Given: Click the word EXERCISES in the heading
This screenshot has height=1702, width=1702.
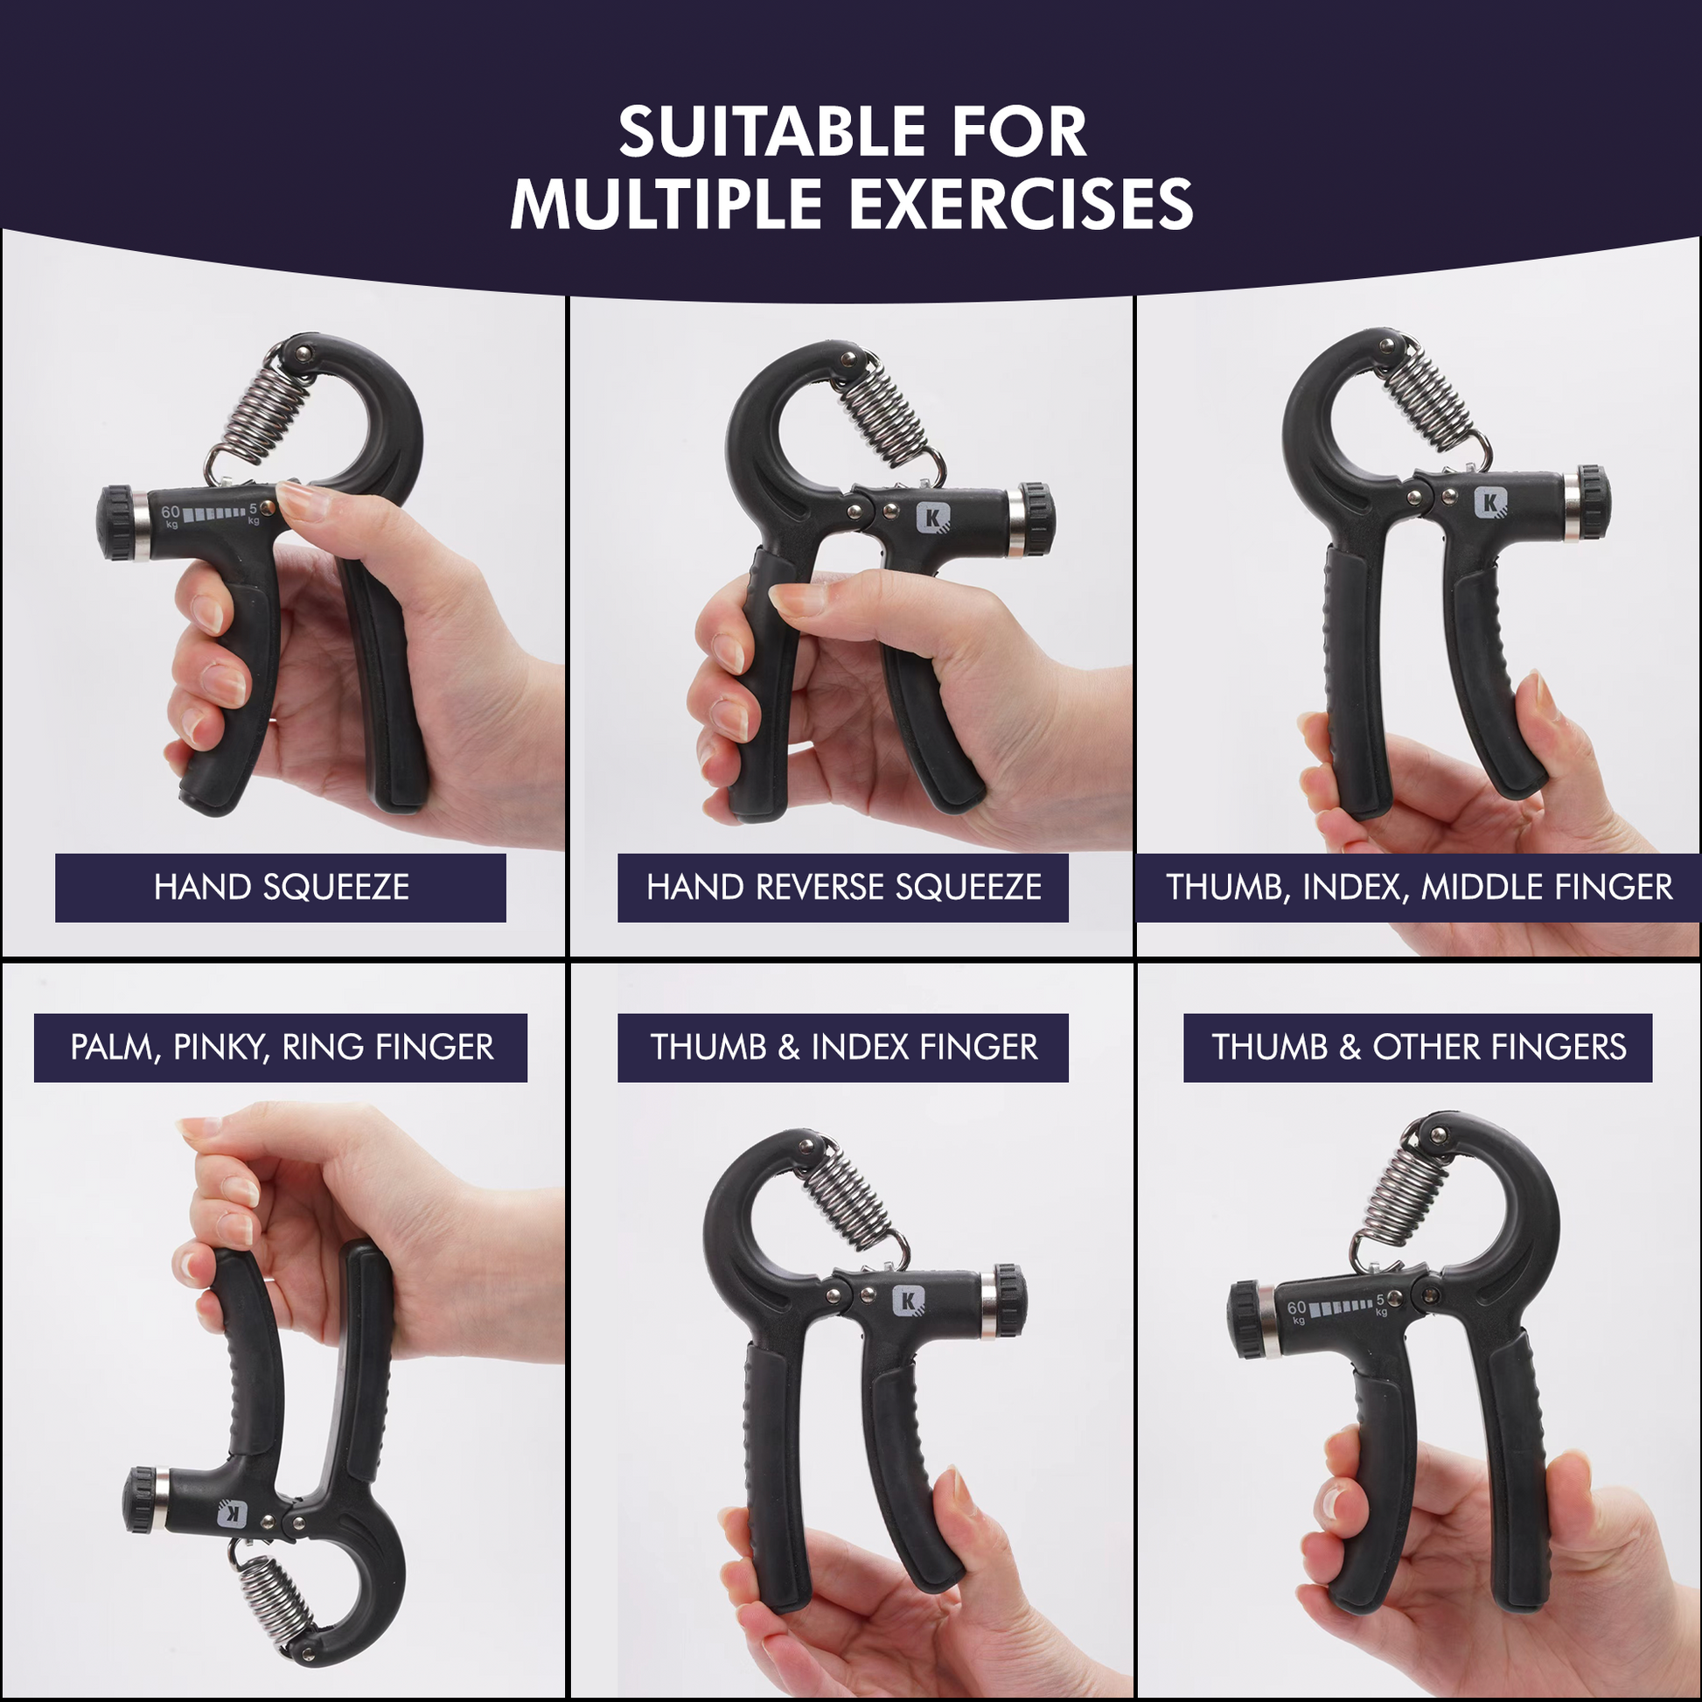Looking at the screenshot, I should click(x=1021, y=205).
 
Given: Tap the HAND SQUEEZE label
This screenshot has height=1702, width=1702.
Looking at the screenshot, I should click(x=280, y=887).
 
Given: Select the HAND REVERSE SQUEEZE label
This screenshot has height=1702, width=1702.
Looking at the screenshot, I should click(x=843, y=887).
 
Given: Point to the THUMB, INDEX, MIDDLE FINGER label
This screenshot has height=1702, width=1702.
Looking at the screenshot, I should click(x=1419, y=887).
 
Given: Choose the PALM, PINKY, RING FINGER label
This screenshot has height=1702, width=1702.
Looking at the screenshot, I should click(x=281, y=1048).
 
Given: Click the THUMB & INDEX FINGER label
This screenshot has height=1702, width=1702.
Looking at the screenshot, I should click(x=843, y=1048).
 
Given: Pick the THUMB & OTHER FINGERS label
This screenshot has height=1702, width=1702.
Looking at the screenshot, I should click(x=1418, y=1048).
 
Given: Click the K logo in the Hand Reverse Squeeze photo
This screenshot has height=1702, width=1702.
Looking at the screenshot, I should click(x=933, y=517).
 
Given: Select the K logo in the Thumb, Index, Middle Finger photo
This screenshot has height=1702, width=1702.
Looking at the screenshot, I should click(x=1489, y=503).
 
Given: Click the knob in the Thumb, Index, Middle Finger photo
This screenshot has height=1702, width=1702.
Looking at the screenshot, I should click(x=1592, y=501).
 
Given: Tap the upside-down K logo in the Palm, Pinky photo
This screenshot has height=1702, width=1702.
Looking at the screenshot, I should click(x=233, y=1513).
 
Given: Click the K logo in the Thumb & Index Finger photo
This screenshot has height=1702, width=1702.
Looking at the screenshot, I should click(x=908, y=1301).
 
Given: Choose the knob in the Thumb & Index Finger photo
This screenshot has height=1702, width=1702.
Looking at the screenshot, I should click(x=1010, y=1301).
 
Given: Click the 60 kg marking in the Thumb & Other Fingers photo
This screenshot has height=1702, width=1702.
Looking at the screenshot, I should click(x=1296, y=1310).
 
